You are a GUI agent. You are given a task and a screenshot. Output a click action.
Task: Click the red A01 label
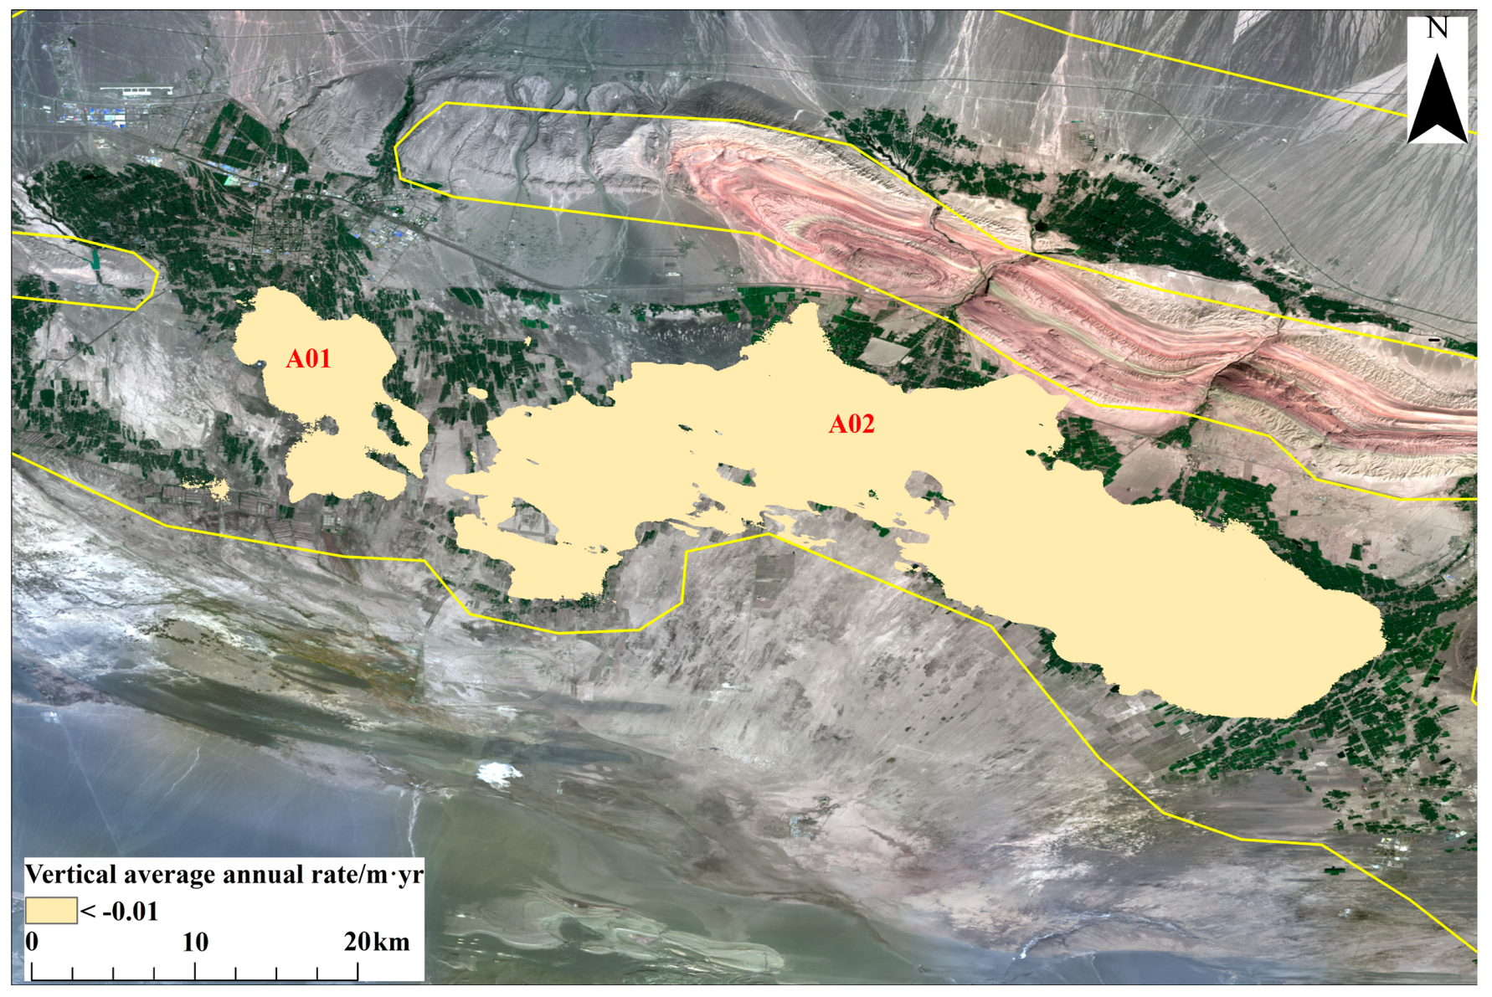pyautogui.click(x=308, y=359)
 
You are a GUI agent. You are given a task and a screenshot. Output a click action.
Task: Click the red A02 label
pyautogui.click(x=851, y=424)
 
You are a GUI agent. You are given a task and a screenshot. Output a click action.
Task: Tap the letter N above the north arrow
pyautogui.click(x=1437, y=28)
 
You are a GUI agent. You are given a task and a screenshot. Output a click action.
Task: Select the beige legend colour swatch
pyautogui.click(x=50, y=910)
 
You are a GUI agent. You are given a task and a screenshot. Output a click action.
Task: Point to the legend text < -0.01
pyautogui.click(x=120, y=911)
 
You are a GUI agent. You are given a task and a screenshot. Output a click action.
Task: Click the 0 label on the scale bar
pyautogui.click(x=32, y=942)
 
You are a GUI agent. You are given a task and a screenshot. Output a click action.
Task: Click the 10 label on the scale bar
pyautogui.click(x=195, y=942)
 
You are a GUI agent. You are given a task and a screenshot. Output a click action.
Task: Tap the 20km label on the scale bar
pyautogui.click(x=377, y=942)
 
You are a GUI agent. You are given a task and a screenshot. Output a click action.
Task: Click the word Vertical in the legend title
pyautogui.click(x=71, y=875)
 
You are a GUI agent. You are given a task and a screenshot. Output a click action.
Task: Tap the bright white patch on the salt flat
pyautogui.click(x=497, y=772)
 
